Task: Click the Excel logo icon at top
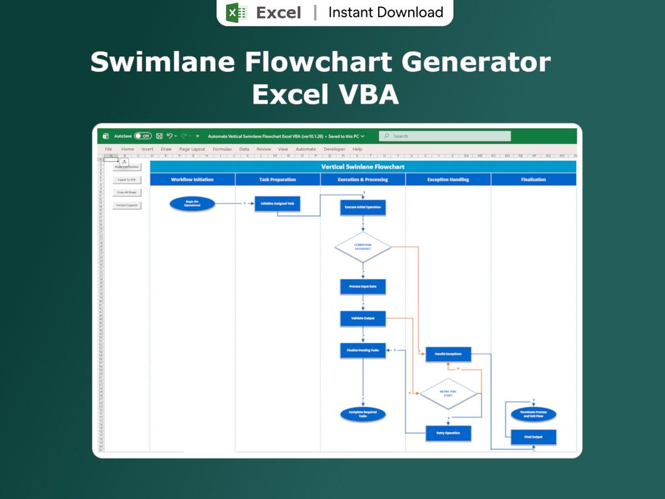coord(236,12)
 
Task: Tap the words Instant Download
coord(385,12)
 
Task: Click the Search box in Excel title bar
coord(445,136)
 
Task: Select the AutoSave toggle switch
coord(143,136)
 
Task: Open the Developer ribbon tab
coord(334,149)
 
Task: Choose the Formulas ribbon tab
coord(222,149)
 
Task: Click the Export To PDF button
coord(127,180)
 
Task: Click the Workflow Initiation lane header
coord(192,179)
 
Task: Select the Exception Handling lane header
coord(448,179)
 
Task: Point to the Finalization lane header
coord(533,179)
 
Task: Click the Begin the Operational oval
coord(192,204)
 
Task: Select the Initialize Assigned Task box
coord(277,204)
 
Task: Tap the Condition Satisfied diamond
coord(363,247)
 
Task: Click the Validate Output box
coord(363,318)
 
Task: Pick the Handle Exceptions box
coord(448,354)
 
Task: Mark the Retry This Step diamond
coord(448,394)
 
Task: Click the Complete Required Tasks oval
coord(363,415)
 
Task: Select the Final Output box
coord(533,437)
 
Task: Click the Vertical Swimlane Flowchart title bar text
coord(363,166)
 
